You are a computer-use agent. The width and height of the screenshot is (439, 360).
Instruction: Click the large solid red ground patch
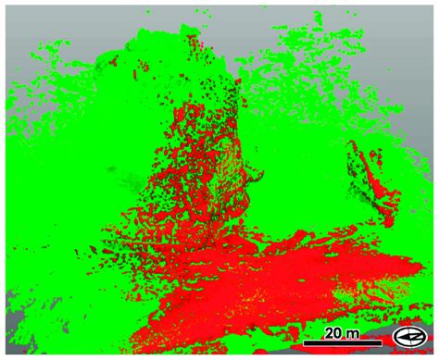(x=278, y=278)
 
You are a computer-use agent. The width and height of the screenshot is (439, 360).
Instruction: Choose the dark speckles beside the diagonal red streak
(x=356, y=171)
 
